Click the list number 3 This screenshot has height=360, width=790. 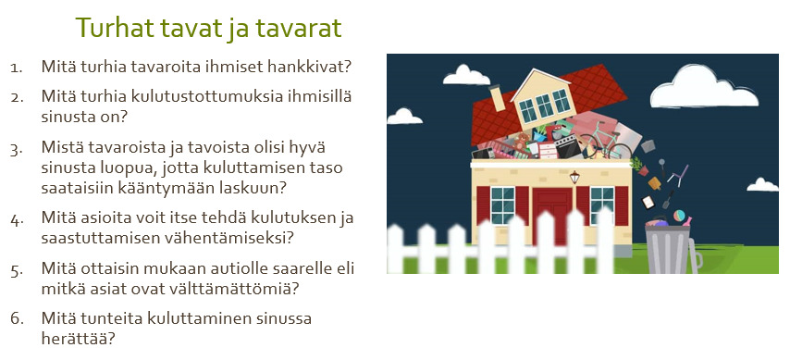(x=17, y=150)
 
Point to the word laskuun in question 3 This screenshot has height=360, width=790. (x=253, y=188)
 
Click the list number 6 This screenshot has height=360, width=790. (x=17, y=319)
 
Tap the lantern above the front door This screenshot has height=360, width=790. (x=574, y=177)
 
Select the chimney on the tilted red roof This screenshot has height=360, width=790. (x=497, y=97)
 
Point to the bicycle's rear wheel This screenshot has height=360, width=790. (x=620, y=151)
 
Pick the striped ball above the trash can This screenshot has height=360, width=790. (x=679, y=216)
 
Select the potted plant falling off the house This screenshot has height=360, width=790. (x=639, y=166)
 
